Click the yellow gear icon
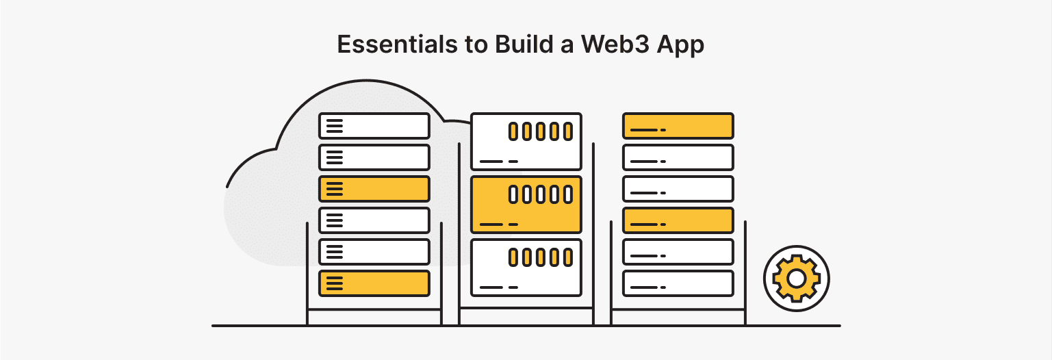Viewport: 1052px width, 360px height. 796,279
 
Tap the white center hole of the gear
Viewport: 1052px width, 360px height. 796,279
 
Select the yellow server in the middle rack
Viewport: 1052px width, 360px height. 526,204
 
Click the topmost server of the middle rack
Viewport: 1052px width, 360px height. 526,141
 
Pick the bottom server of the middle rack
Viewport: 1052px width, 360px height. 526,267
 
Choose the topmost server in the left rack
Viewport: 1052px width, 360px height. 374,126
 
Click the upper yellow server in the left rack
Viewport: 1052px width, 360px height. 374,189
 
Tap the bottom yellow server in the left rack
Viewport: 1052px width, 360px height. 374,283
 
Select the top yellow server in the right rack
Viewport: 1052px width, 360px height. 678,126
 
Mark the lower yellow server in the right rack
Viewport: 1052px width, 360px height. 678,220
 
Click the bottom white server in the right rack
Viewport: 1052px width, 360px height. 678,283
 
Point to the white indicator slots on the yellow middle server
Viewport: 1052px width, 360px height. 540,194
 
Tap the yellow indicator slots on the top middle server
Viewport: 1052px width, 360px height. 540,131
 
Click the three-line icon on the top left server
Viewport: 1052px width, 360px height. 334,126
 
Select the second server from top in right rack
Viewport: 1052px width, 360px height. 678,157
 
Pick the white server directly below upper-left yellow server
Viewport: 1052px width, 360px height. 374,220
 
